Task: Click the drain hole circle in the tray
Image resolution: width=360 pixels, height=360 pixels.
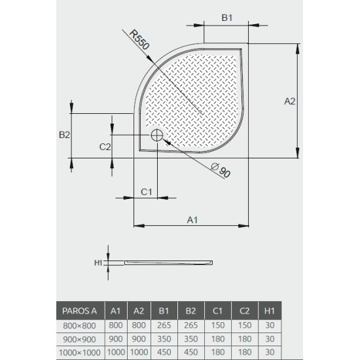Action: pyautogui.click(x=157, y=135)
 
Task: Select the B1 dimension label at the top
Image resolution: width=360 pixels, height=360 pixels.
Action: pyautogui.click(x=226, y=18)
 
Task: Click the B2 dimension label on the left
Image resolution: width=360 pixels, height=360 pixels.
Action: pyautogui.click(x=64, y=135)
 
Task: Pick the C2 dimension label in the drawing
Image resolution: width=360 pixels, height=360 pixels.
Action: pyautogui.click(x=105, y=147)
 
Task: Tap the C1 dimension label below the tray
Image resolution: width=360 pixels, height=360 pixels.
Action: pyautogui.click(x=147, y=191)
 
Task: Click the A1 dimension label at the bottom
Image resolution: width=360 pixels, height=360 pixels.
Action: pyautogui.click(x=192, y=219)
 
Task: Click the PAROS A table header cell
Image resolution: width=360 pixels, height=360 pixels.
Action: pyautogui.click(x=80, y=311)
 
